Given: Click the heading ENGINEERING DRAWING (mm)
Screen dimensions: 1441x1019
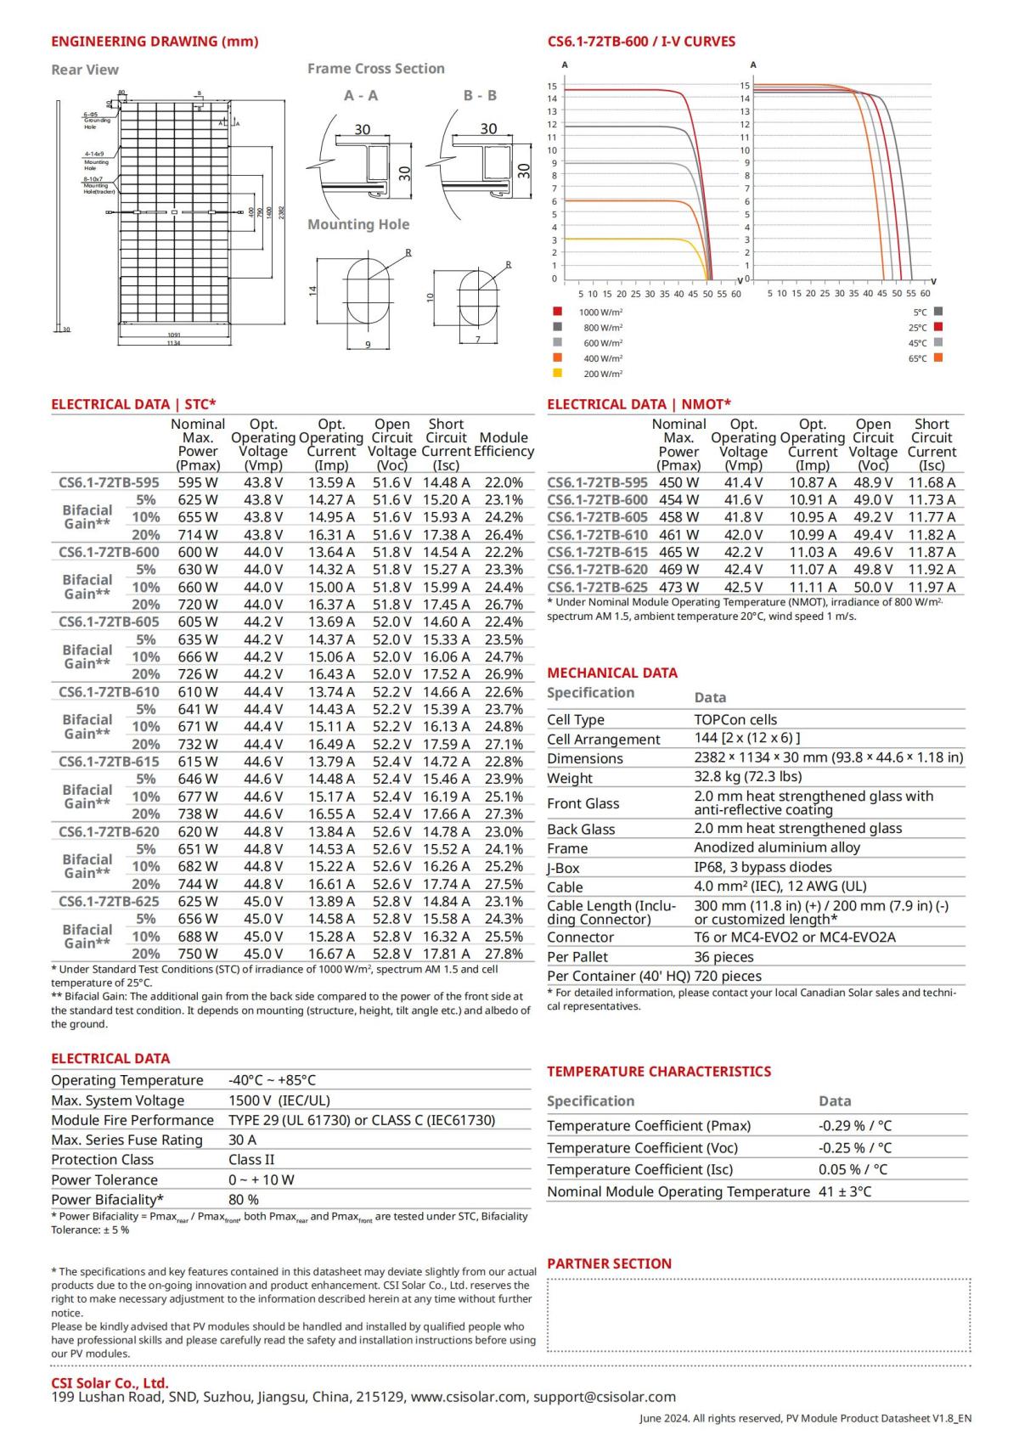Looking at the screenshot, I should tap(155, 42).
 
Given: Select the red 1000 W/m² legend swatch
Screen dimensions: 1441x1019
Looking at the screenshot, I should tap(557, 312).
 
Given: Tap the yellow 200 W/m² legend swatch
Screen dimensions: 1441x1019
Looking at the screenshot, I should tap(557, 373).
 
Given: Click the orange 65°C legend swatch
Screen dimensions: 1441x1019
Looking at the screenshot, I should tap(938, 357).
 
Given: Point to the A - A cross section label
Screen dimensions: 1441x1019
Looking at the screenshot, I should tap(361, 96).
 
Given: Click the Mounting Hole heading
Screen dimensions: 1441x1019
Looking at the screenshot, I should tap(358, 224).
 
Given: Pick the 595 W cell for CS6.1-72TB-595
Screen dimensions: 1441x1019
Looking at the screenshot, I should tap(197, 481).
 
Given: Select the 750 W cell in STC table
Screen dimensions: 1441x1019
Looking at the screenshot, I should tap(197, 954).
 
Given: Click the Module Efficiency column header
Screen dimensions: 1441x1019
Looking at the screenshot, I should tap(504, 445).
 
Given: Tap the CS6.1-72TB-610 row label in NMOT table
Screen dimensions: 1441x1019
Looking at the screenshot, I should tap(597, 534).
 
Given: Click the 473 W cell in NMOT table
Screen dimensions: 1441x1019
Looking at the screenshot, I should tap(678, 587).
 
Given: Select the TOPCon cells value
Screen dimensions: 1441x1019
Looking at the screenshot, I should tap(735, 719).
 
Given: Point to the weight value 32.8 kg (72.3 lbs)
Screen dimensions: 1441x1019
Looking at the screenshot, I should tap(747, 776).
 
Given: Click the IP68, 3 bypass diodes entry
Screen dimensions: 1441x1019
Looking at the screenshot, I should tap(763, 867).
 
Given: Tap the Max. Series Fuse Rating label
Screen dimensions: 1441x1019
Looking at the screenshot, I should tap(127, 1140).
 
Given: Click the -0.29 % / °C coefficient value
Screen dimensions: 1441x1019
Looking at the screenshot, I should tap(854, 1125).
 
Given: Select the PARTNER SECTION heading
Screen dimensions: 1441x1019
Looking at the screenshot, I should tap(609, 1264).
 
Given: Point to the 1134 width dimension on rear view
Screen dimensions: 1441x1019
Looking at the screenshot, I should tap(173, 342).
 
